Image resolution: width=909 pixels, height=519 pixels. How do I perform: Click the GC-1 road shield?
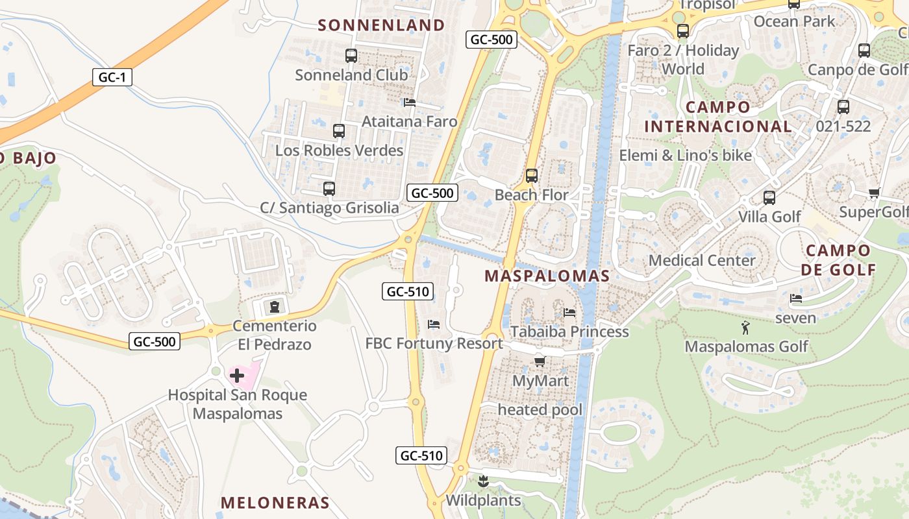[112, 78]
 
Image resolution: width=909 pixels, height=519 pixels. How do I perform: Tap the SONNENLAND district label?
[382, 25]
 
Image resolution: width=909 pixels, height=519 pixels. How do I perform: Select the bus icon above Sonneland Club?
[351, 56]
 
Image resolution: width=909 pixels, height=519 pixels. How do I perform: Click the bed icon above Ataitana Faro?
[409, 103]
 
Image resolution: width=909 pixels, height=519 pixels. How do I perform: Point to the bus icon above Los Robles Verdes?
[339, 131]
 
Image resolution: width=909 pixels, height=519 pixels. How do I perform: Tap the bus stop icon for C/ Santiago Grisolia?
[329, 189]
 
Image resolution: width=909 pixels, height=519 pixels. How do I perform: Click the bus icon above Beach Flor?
[532, 176]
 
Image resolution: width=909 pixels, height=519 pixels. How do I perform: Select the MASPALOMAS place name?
[547, 276]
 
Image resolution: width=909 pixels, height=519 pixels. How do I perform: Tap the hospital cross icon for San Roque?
[237, 375]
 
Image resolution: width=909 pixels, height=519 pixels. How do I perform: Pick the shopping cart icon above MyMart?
[540, 361]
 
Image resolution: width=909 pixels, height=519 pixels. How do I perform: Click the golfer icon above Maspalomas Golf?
[745, 328]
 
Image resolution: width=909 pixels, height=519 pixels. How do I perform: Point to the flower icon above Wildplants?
[482, 481]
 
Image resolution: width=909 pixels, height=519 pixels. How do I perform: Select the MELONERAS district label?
[275, 503]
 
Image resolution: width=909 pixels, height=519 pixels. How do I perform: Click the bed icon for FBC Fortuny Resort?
[434, 324]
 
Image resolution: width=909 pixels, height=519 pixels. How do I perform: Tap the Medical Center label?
[702, 261]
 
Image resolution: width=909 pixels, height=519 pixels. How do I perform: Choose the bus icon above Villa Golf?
[769, 198]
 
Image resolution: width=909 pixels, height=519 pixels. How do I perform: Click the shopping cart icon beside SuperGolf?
[875, 193]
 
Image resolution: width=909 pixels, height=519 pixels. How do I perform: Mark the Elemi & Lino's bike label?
[685, 156]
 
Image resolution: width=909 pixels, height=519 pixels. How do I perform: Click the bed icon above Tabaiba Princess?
[569, 312]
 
